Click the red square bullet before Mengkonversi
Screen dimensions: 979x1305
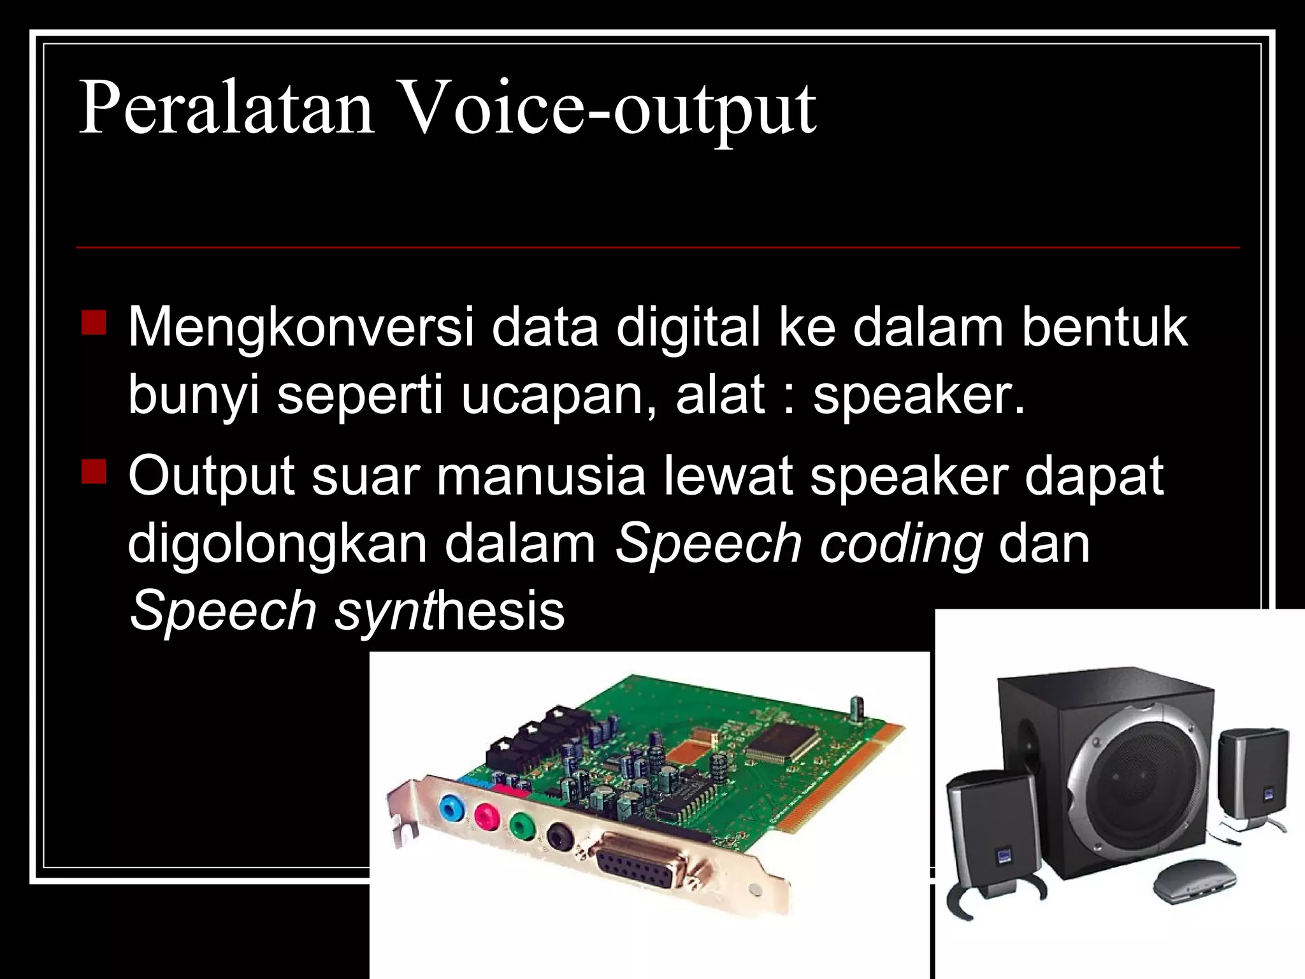coord(94,322)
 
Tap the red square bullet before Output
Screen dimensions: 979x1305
coord(94,471)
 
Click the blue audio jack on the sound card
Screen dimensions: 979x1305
coord(451,810)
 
